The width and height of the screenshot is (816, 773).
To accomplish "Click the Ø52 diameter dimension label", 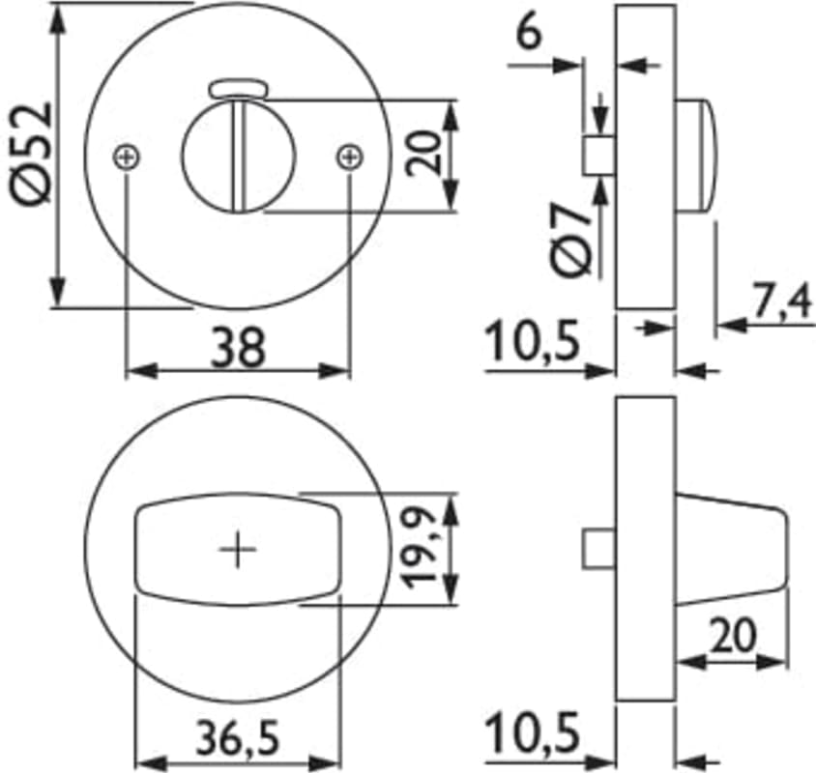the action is (x=31, y=154).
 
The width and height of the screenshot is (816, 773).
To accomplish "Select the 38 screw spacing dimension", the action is (x=237, y=348).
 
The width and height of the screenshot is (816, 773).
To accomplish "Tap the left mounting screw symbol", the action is (x=127, y=157).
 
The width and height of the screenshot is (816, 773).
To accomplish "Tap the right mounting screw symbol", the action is (x=350, y=157).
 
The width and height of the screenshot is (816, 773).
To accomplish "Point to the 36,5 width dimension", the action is (x=238, y=736).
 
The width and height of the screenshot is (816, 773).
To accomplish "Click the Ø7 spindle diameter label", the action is (x=572, y=240).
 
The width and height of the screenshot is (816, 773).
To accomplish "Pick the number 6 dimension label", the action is (x=529, y=33).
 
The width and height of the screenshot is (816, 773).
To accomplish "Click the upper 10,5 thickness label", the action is (x=533, y=342).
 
